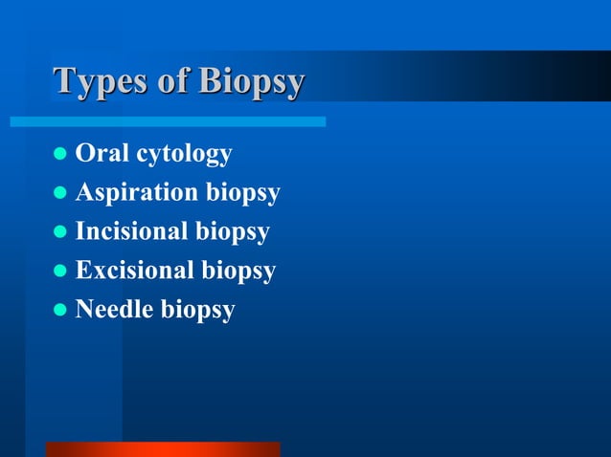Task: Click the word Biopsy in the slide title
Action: click(251, 82)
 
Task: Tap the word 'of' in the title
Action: click(173, 82)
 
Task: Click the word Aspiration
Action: click(138, 193)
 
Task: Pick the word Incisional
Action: click(132, 231)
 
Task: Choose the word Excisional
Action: click(135, 271)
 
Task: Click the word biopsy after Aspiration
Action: click(243, 194)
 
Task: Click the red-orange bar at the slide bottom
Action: click(163, 448)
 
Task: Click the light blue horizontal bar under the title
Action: click(168, 121)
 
